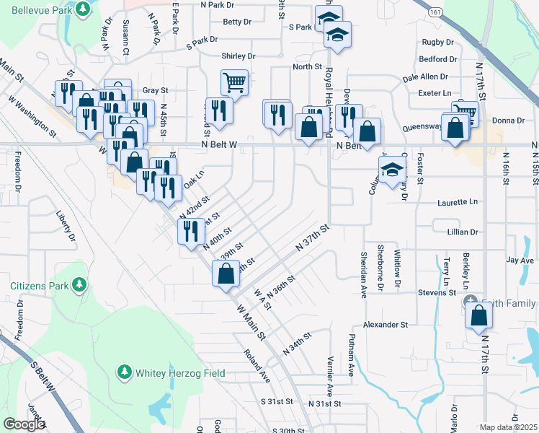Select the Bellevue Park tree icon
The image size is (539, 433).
[x=84, y=9]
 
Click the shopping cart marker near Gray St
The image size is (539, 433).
[x=235, y=83]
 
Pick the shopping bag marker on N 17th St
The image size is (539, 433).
[x=479, y=315]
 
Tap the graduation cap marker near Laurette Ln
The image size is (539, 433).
[x=391, y=171]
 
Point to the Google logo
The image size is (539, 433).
[x=24, y=424]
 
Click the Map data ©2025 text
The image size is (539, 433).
[x=509, y=427]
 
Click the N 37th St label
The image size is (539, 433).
[x=312, y=238]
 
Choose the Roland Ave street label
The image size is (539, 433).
[x=256, y=365]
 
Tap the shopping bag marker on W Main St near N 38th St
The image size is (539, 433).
[x=226, y=274]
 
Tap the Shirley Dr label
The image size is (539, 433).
[x=239, y=56]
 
